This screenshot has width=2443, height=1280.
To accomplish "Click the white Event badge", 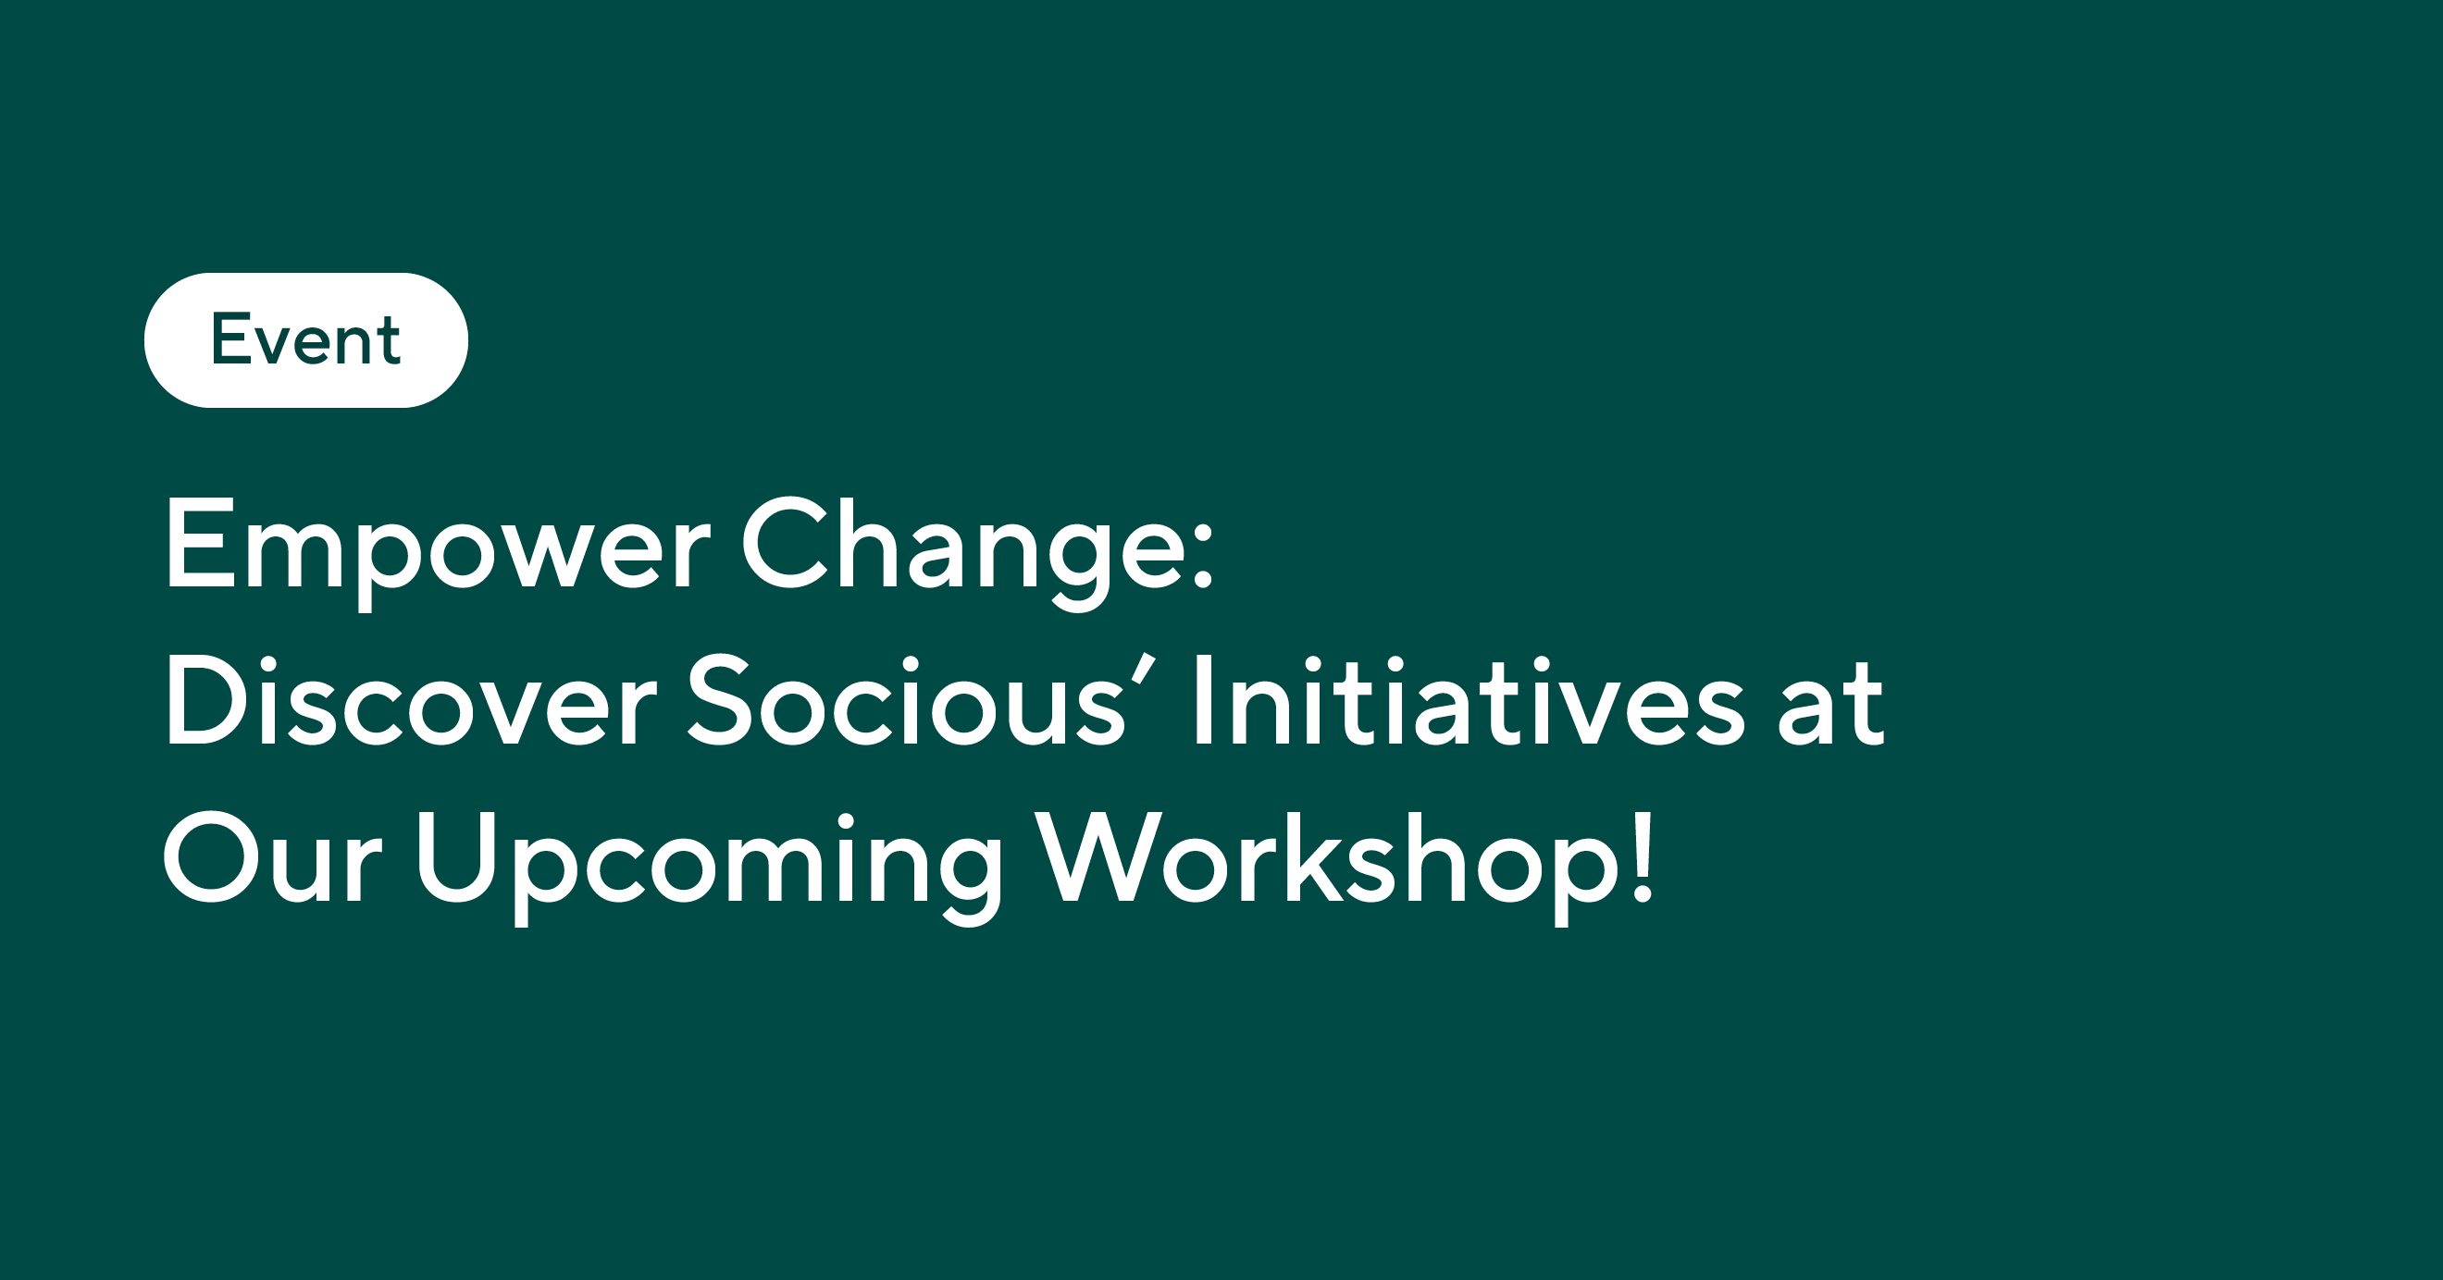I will click(305, 340).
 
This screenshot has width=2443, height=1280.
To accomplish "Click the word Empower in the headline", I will click(436, 548).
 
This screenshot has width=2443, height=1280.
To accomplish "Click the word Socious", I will click(906, 703).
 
